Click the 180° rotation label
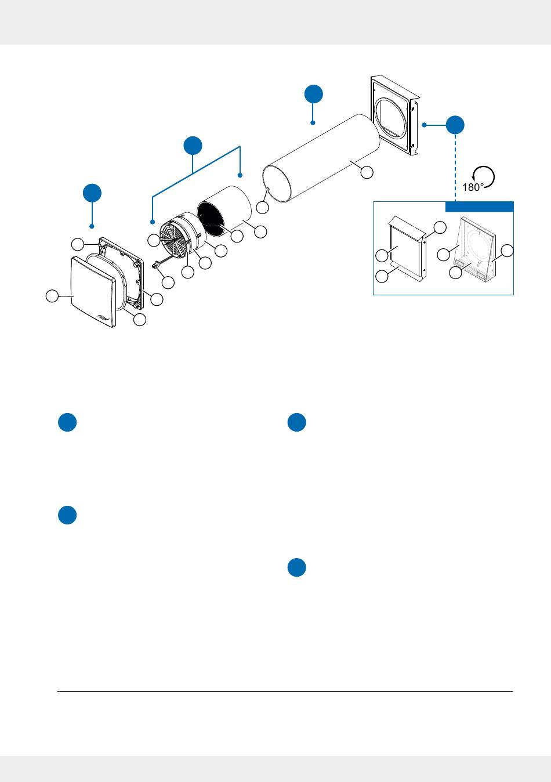(x=473, y=187)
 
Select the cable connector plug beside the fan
(x=155, y=266)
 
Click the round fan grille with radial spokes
(x=175, y=238)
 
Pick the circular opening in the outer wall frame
(x=390, y=118)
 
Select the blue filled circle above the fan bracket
(x=193, y=146)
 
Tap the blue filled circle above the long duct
(x=313, y=94)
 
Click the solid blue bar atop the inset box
(x=479, y=207)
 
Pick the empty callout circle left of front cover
(x=52, y=296)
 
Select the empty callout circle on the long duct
(x=366, y=172)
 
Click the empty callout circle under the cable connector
(x=168, y=283)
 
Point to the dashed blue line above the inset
(x=455, y=165)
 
